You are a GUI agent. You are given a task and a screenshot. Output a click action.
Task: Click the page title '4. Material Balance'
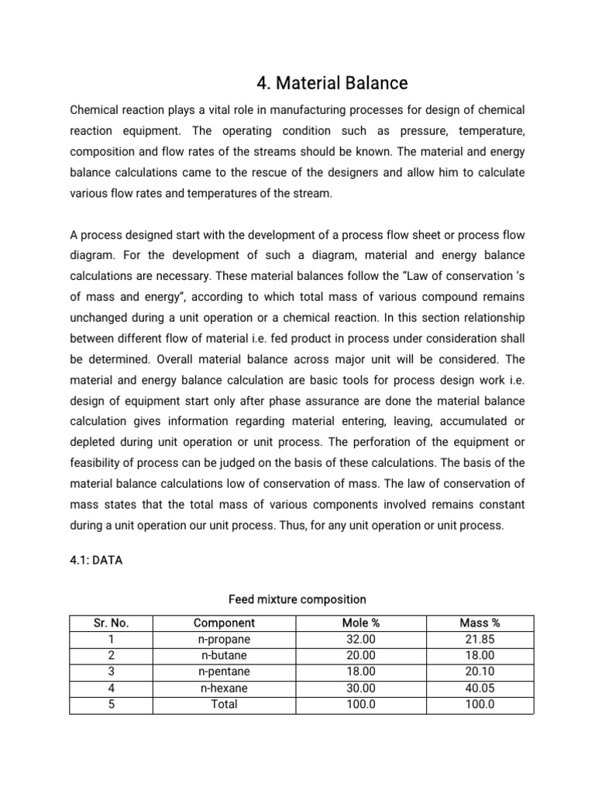(332, 82)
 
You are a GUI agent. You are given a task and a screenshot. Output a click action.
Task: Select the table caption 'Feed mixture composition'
(297, 599)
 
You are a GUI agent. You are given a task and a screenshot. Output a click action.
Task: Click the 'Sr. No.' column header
(111, 623)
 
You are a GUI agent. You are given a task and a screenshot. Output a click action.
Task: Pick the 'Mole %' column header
(360, 623)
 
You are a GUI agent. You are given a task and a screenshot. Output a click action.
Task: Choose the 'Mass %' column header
(480, 623)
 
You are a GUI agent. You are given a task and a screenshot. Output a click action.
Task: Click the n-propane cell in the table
(225, 639)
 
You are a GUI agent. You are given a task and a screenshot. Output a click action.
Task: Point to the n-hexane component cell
(225, 688)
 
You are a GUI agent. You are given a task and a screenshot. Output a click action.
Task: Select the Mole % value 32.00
(360, 639)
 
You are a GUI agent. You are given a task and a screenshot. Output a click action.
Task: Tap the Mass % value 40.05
(480, 688)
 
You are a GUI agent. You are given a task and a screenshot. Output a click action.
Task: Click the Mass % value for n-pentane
(480, 671)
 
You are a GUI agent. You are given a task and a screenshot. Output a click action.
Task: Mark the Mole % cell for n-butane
(360, 655)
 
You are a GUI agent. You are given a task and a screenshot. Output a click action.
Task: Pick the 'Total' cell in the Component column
(225, 704)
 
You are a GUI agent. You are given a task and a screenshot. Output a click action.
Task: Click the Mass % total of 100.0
(480, 704)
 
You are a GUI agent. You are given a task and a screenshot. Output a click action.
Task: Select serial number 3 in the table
(111, 671)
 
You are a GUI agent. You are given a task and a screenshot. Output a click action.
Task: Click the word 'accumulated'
(471, 421)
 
